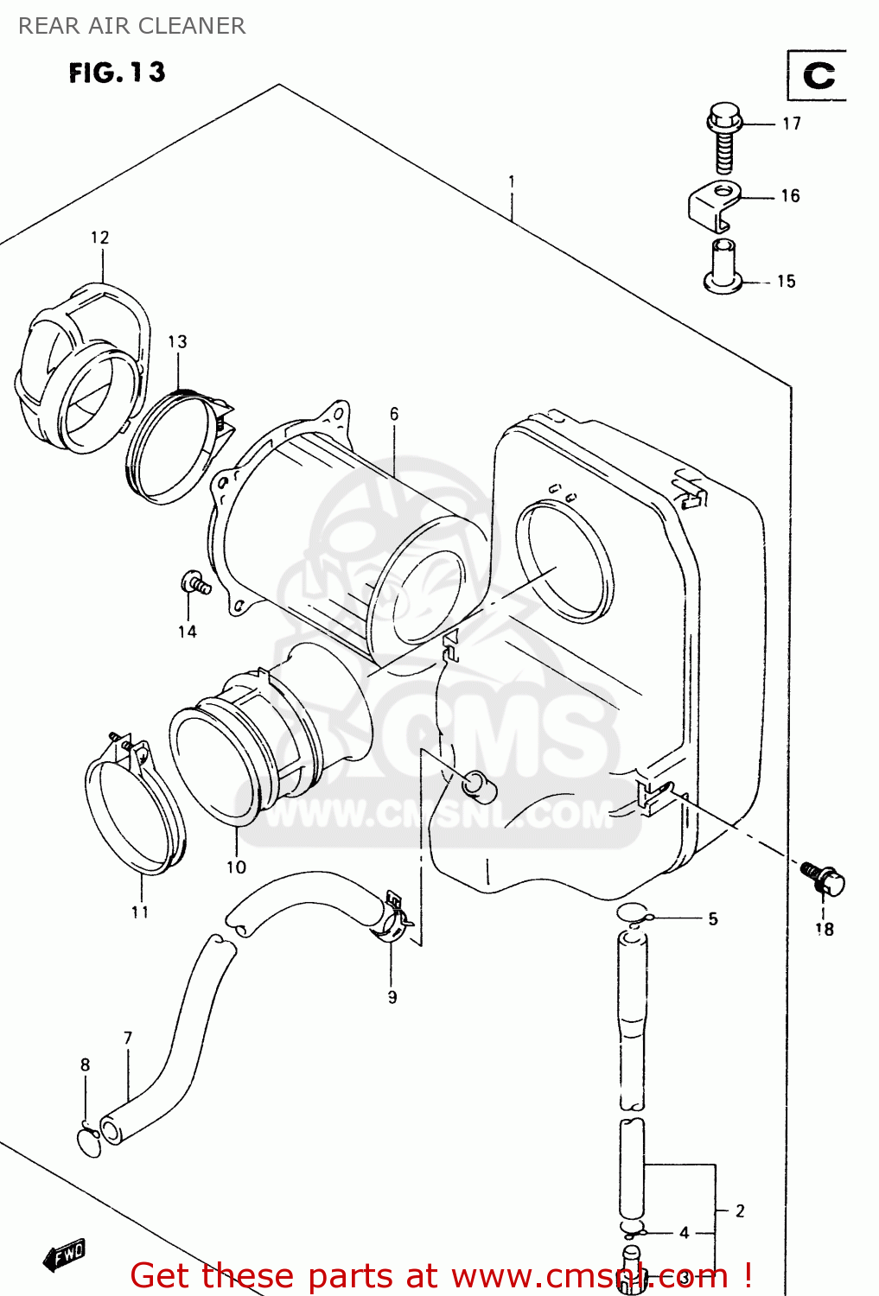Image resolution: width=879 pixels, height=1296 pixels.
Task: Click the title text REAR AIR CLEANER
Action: tap(131, 26)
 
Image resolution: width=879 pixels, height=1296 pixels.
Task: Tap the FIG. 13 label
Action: tap(117, 73)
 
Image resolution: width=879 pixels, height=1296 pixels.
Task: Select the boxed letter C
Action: tap(818, 76)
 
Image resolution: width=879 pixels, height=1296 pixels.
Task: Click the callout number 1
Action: tap(512, 181)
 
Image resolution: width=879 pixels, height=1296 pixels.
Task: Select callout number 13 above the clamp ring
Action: tap(177, 341)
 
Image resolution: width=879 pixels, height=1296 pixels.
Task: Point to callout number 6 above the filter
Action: tap(394, 414)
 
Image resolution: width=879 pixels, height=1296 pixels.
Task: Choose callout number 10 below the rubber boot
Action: tap(236, 867)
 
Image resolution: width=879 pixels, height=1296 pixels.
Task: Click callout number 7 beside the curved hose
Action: tap(128, 1038)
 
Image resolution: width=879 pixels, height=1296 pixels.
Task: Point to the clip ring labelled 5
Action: tap(633, 912)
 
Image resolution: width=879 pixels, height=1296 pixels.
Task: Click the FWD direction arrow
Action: tap(65, 1255)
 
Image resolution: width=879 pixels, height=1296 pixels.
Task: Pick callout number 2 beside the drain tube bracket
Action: tap(740, 1210)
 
